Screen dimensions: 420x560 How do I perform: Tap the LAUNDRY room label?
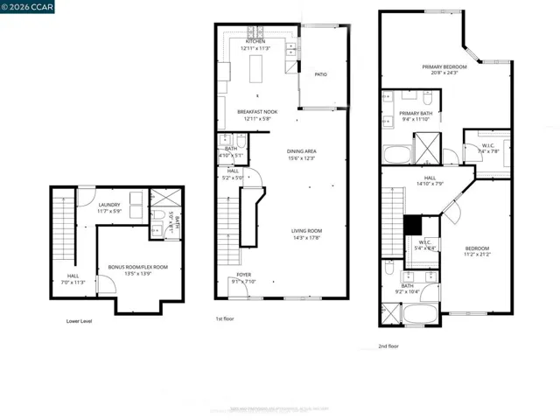109,206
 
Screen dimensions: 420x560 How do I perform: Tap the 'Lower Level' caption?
80,321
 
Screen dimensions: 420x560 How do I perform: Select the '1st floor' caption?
226,318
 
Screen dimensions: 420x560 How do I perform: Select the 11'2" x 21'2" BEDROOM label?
477,250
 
